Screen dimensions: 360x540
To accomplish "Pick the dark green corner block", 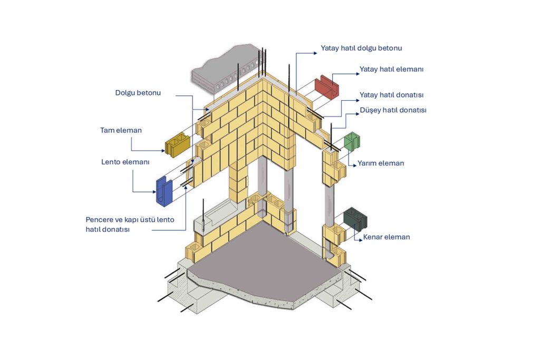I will (355, 219).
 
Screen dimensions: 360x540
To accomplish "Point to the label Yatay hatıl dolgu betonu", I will (361, 48).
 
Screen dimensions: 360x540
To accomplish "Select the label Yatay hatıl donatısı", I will (392, 95).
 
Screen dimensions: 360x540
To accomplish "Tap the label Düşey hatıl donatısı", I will (393, 110).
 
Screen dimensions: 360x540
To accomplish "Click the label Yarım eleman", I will (381, 163).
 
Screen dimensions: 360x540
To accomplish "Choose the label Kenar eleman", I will (387, 237).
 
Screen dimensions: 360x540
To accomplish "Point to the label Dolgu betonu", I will (138, 93).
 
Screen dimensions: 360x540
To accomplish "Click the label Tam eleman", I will (121, 130).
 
